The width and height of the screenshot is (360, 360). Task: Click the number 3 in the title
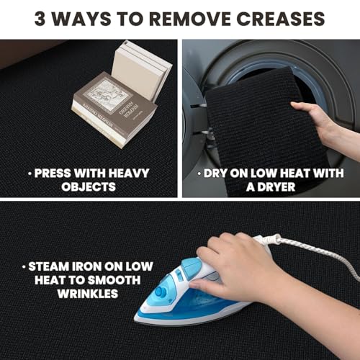[x=40, y=19]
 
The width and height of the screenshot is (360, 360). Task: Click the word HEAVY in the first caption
[x=129, y=173]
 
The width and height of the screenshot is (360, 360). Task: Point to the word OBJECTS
[x=89, y=186]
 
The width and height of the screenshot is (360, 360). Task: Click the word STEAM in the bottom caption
[x=48, y=266]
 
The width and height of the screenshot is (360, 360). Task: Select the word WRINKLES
[x=88, y=293]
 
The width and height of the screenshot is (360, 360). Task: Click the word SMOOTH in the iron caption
[x=114, y=280]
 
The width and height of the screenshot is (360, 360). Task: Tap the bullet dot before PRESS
[x=30, y=173]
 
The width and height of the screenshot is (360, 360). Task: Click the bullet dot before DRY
[x=199, y=173]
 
